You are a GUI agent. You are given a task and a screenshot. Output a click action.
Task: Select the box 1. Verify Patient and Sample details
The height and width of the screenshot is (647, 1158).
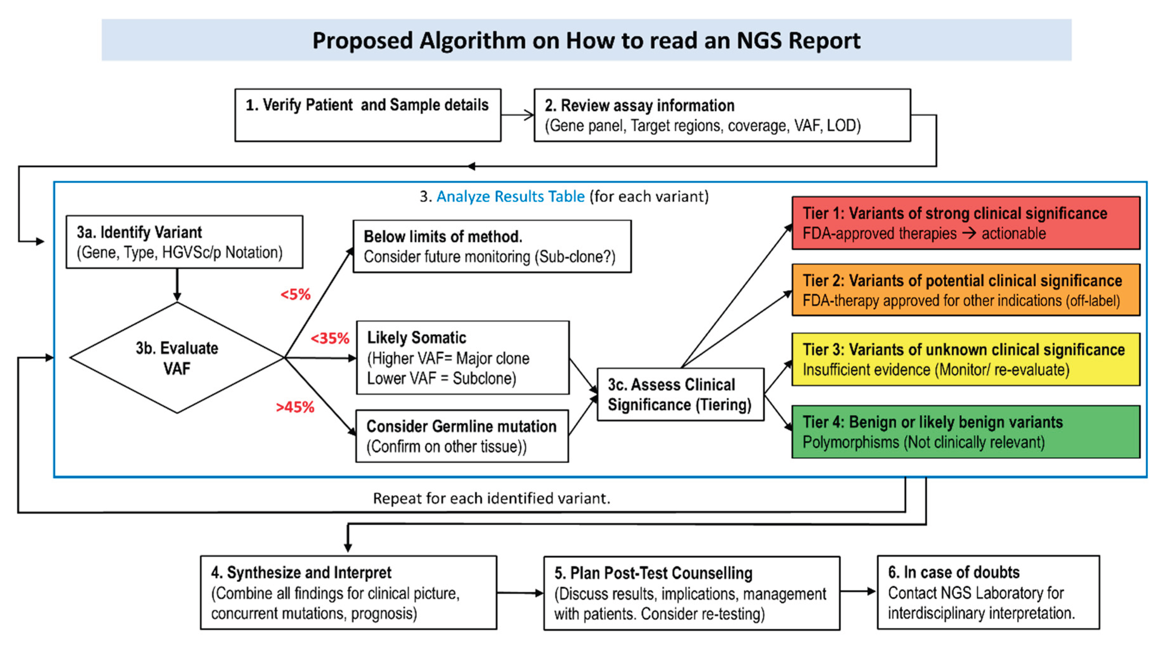[367, 115]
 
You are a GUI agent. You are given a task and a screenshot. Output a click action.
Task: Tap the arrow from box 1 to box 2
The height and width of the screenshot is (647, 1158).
[517, 115]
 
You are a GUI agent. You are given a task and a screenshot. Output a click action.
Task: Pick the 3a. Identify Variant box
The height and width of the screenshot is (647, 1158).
[184, 242]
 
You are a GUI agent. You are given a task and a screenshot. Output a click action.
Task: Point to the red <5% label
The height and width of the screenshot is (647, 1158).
[295, 294]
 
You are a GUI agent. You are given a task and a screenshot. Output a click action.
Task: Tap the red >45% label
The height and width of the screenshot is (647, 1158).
[295, 407]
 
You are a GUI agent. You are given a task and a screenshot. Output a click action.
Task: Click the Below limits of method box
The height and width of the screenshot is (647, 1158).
[492, 246]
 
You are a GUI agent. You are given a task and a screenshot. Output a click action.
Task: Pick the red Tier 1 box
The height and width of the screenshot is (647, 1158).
[966, 223]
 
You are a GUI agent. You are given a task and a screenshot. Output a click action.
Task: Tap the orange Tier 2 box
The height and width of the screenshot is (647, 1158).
[966, 290]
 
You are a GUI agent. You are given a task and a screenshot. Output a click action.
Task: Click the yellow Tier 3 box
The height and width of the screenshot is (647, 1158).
[966, 359]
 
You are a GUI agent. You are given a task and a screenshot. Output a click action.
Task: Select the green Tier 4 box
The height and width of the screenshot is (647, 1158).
[966, 432]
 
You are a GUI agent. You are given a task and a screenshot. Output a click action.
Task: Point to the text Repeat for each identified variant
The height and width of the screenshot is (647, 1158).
[491, 498]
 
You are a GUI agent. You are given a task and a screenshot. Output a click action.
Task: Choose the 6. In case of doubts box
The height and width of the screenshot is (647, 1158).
[988, 592]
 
